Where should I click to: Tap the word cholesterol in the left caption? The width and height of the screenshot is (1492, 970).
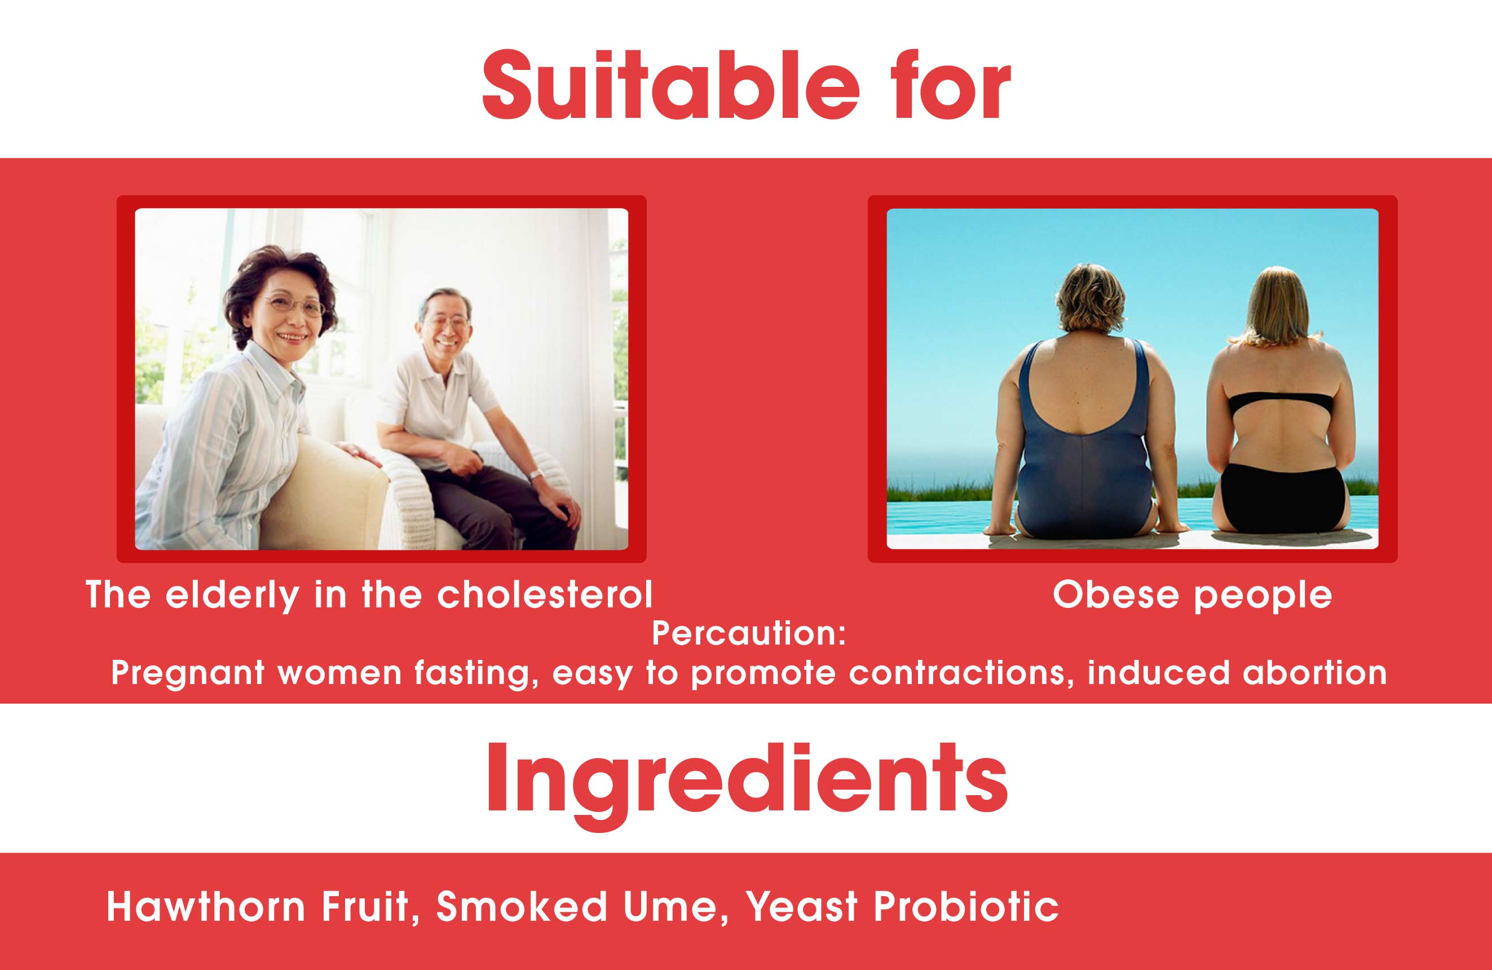click(545, 594)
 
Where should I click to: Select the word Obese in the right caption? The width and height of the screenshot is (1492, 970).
click(1115, 594)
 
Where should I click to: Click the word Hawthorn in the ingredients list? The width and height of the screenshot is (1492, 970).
click(206, 907)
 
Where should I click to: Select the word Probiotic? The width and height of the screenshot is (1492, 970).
click(966, 907)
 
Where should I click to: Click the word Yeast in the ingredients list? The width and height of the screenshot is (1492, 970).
click(802, 907)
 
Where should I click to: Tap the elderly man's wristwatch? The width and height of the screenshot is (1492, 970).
click(535, 474)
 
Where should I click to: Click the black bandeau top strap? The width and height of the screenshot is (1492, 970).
click(1280, 403)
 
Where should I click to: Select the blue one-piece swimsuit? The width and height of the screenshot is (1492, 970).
click(1084, 452)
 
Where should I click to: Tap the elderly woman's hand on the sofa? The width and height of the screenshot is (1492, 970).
click(358, 453)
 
